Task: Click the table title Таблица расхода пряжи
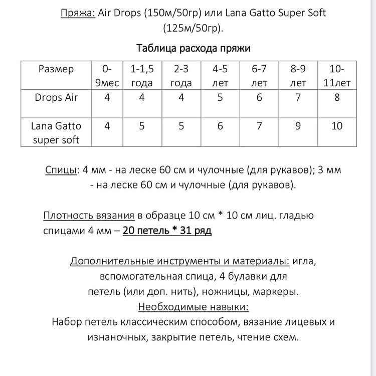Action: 193,49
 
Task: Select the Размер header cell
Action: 56,69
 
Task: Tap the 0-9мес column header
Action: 106,76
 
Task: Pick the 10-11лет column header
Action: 337,76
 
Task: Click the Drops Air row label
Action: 56,98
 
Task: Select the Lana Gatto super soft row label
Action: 56,133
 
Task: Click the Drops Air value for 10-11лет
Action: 337,98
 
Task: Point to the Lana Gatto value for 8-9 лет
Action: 298,126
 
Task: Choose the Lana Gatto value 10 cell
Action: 337,126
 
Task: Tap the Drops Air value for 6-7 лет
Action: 259,98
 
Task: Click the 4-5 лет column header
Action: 220,76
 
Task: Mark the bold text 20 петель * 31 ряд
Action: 166,231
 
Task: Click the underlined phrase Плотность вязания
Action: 89,216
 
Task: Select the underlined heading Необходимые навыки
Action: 193,306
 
